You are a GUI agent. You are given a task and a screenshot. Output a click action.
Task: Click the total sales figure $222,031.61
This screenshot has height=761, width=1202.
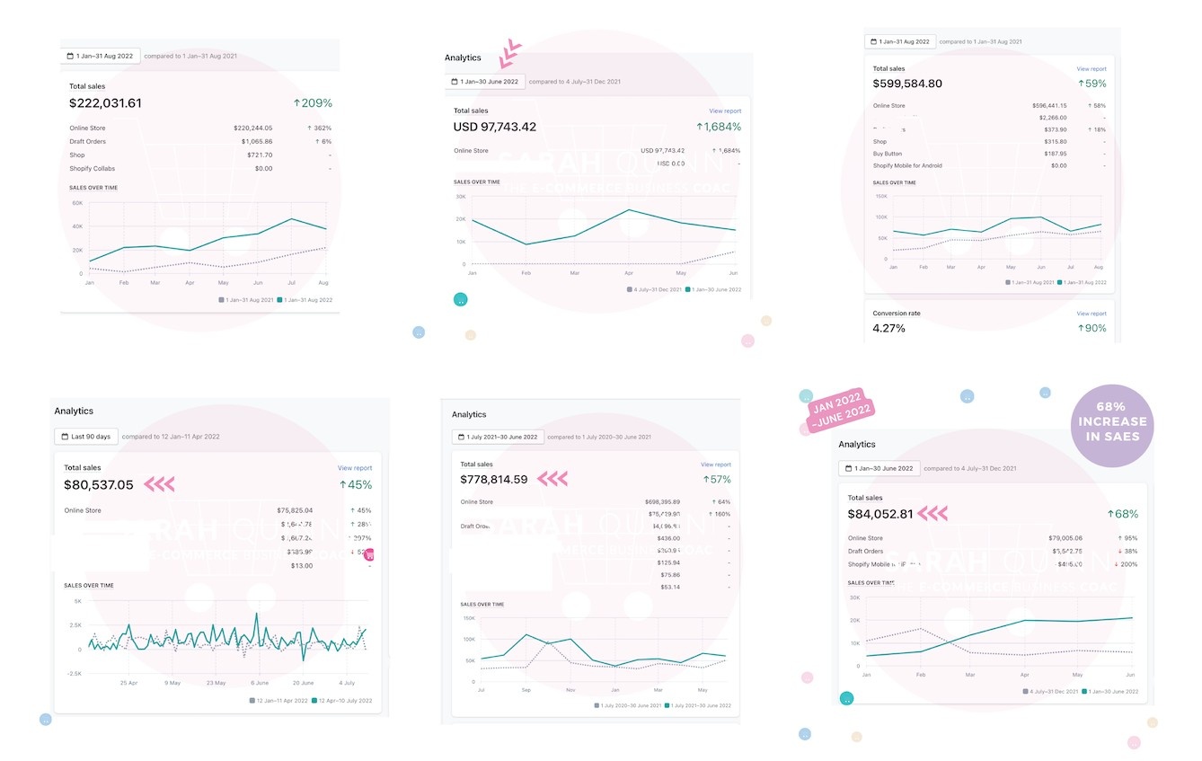105,103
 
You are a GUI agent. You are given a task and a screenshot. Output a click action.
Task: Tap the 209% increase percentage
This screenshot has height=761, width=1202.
313,103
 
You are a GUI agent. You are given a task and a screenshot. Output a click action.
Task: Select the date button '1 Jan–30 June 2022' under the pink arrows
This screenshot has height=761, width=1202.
485,82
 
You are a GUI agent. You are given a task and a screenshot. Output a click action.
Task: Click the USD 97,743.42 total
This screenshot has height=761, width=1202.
495,128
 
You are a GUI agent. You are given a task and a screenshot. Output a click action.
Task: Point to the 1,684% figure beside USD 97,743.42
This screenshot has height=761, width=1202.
719,128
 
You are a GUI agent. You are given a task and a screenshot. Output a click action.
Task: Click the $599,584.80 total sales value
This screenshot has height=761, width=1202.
907,84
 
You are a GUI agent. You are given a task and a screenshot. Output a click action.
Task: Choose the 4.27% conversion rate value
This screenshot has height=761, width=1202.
889,328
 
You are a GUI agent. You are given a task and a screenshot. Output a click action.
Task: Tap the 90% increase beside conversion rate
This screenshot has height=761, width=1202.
1092,328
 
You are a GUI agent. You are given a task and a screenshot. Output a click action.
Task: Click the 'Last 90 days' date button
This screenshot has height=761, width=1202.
86,437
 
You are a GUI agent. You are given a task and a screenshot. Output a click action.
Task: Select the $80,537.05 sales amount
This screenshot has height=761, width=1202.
99,485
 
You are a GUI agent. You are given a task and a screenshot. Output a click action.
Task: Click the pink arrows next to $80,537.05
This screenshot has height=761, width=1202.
160,485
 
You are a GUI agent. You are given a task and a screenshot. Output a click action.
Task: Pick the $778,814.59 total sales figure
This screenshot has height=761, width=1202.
495,480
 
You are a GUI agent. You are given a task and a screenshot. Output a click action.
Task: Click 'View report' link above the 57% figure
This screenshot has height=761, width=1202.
716,465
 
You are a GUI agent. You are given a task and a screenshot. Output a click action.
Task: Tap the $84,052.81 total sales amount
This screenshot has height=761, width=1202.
880,514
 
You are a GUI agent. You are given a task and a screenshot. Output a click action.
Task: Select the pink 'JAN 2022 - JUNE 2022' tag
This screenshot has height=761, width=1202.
838,411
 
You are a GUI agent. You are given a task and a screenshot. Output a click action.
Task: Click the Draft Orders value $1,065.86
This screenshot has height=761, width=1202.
256,141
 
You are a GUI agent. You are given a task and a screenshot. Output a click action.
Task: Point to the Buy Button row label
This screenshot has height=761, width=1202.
888,154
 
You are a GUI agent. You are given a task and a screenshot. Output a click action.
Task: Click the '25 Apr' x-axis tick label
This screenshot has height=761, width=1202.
129,683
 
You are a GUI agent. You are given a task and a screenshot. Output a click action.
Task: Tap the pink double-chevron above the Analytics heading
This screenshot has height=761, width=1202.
511,53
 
